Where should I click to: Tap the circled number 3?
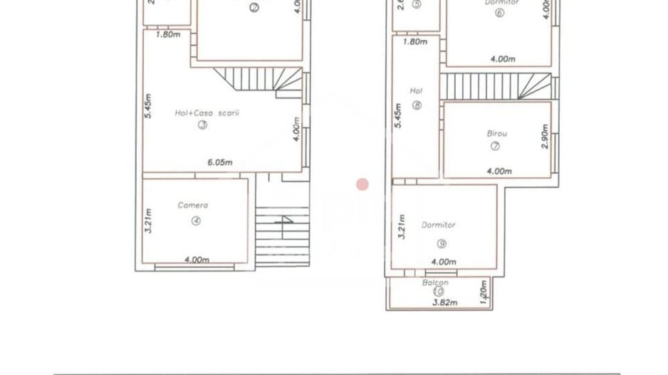[202, 125]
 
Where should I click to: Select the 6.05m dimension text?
[219, 162]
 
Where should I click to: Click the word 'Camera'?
[193, 205]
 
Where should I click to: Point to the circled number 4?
[196, 221]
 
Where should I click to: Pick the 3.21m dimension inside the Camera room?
[148, 221]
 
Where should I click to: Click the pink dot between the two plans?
[362, 185]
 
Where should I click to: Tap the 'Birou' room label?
[496, 133]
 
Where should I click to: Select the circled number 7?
[495, 147]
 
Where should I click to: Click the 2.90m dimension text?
[545, 137]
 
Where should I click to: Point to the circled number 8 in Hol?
[417, 106]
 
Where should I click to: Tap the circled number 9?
[442, 243]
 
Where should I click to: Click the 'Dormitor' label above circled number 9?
[439, 225]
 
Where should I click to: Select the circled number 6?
[499, 13]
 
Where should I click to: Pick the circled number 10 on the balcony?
[437, 291]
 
